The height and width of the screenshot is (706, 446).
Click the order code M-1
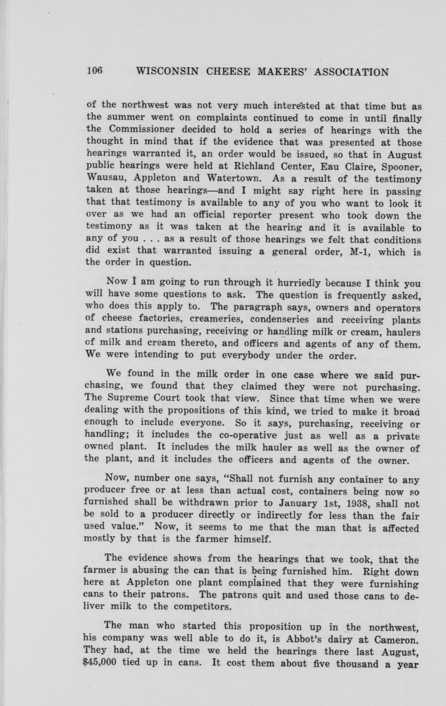(x=356, y=252)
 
